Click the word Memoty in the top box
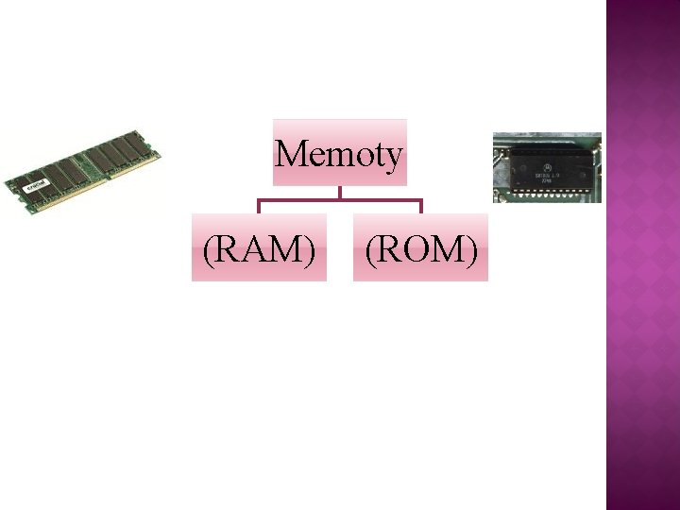339,153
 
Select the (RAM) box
259,247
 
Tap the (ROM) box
421,247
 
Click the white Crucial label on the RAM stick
36,185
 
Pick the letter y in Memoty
394,157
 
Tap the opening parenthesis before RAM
208,248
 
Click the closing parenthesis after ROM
471,248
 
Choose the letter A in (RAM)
259,247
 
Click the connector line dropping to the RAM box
259,206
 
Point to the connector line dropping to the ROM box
421,206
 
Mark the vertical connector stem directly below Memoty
340,192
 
